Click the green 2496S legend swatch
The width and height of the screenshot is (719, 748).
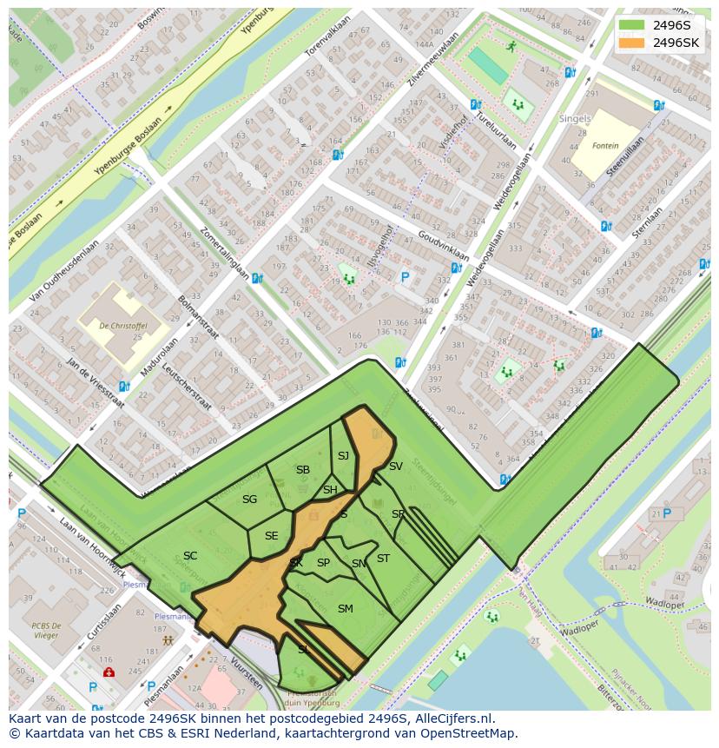(631, 25)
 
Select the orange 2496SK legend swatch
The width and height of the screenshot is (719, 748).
(631, 43)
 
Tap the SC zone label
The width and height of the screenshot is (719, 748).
(190, 556)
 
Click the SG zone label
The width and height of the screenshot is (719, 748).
(249, 500)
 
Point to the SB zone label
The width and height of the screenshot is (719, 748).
(302, 470)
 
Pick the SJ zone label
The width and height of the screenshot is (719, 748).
(343, 456)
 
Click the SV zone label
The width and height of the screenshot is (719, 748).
(396, 467)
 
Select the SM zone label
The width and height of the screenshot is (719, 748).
(345, 609)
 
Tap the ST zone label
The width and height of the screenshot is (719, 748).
(383, 559)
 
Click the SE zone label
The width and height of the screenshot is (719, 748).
(271, 536)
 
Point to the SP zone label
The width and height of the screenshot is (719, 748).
(323, 563)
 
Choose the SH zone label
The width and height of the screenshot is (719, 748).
(330, 490)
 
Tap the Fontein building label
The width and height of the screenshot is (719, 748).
(605, 146)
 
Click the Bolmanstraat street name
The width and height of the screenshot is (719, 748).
(199, 317)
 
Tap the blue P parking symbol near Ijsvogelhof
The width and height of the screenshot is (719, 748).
(404, 278)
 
